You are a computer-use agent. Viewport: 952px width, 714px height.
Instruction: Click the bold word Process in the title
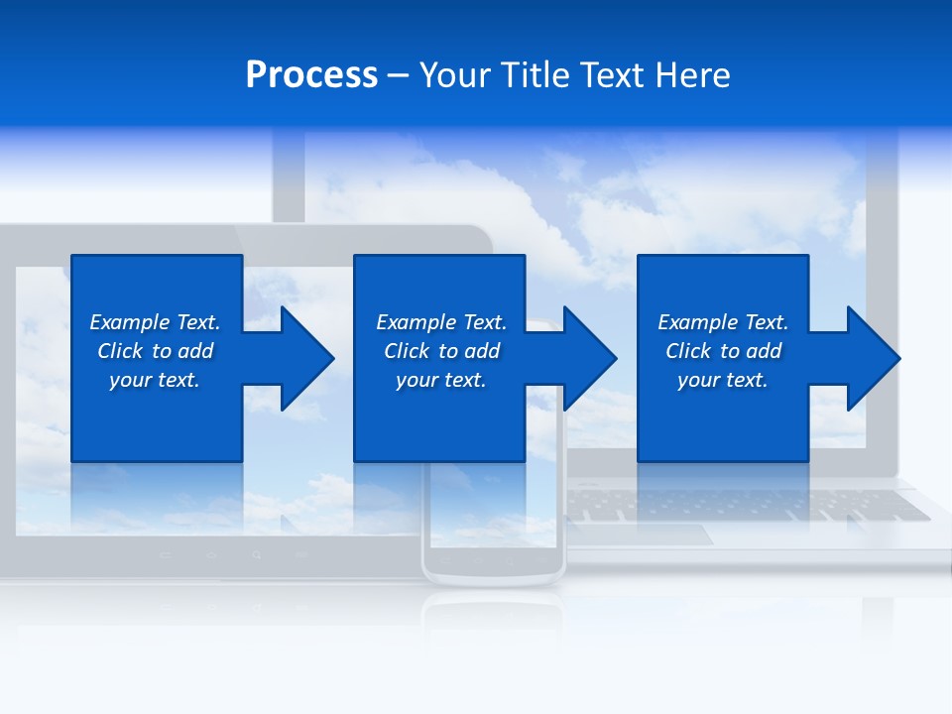coord(311,75)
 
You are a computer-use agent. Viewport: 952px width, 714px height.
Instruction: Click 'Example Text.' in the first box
coord(155,322)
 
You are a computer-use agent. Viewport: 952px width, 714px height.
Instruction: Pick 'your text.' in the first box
coord(155,380)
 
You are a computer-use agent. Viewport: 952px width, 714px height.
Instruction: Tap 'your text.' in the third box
coord(723,380)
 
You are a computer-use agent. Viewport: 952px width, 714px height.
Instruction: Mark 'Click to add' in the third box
coord(723,351)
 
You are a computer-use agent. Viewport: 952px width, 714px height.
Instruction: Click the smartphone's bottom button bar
coord(493,561)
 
